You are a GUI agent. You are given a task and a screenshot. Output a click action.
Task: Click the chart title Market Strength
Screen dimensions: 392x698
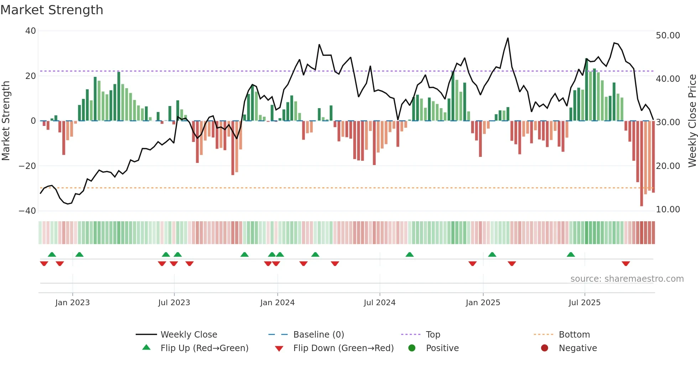(52, 10)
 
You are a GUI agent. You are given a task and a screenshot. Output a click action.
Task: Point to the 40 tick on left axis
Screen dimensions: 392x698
(31, 31)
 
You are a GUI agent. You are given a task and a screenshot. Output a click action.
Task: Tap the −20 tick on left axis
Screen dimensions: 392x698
(27, 166)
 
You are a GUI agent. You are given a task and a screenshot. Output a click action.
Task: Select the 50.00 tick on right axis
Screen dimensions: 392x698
(668, 36)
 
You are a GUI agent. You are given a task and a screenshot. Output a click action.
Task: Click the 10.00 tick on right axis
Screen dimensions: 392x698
(668, 210)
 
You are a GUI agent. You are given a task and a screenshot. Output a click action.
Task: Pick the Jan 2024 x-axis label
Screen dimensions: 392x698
(277, 303)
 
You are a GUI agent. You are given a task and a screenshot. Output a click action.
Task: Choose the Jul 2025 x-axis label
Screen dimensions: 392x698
(584, 303)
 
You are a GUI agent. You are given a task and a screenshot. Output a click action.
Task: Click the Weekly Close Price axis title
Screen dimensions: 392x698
(692, 121)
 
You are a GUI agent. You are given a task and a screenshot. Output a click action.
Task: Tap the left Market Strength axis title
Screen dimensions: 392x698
(6, 121)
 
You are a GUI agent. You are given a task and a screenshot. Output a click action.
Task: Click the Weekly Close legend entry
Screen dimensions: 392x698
(189, 335)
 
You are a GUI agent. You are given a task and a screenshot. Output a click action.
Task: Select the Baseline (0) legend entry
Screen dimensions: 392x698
(318, 335)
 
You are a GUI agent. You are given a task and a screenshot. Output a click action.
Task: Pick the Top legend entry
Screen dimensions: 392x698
(433, 335)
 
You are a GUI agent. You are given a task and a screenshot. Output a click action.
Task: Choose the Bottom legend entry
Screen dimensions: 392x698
(574, 335)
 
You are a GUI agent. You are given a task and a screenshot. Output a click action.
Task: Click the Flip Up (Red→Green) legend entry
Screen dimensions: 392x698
(204, 348)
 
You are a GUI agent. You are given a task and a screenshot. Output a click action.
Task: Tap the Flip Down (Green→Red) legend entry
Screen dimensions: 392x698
(343, 348)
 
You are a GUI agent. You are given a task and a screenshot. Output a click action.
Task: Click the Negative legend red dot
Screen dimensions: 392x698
(545, 348)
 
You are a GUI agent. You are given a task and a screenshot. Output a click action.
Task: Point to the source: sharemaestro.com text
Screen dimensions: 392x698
(627, 279)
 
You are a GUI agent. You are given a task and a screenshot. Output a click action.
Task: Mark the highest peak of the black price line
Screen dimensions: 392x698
(508, 38)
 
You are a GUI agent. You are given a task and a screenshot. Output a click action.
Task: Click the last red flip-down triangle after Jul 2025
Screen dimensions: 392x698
(626, 264)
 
